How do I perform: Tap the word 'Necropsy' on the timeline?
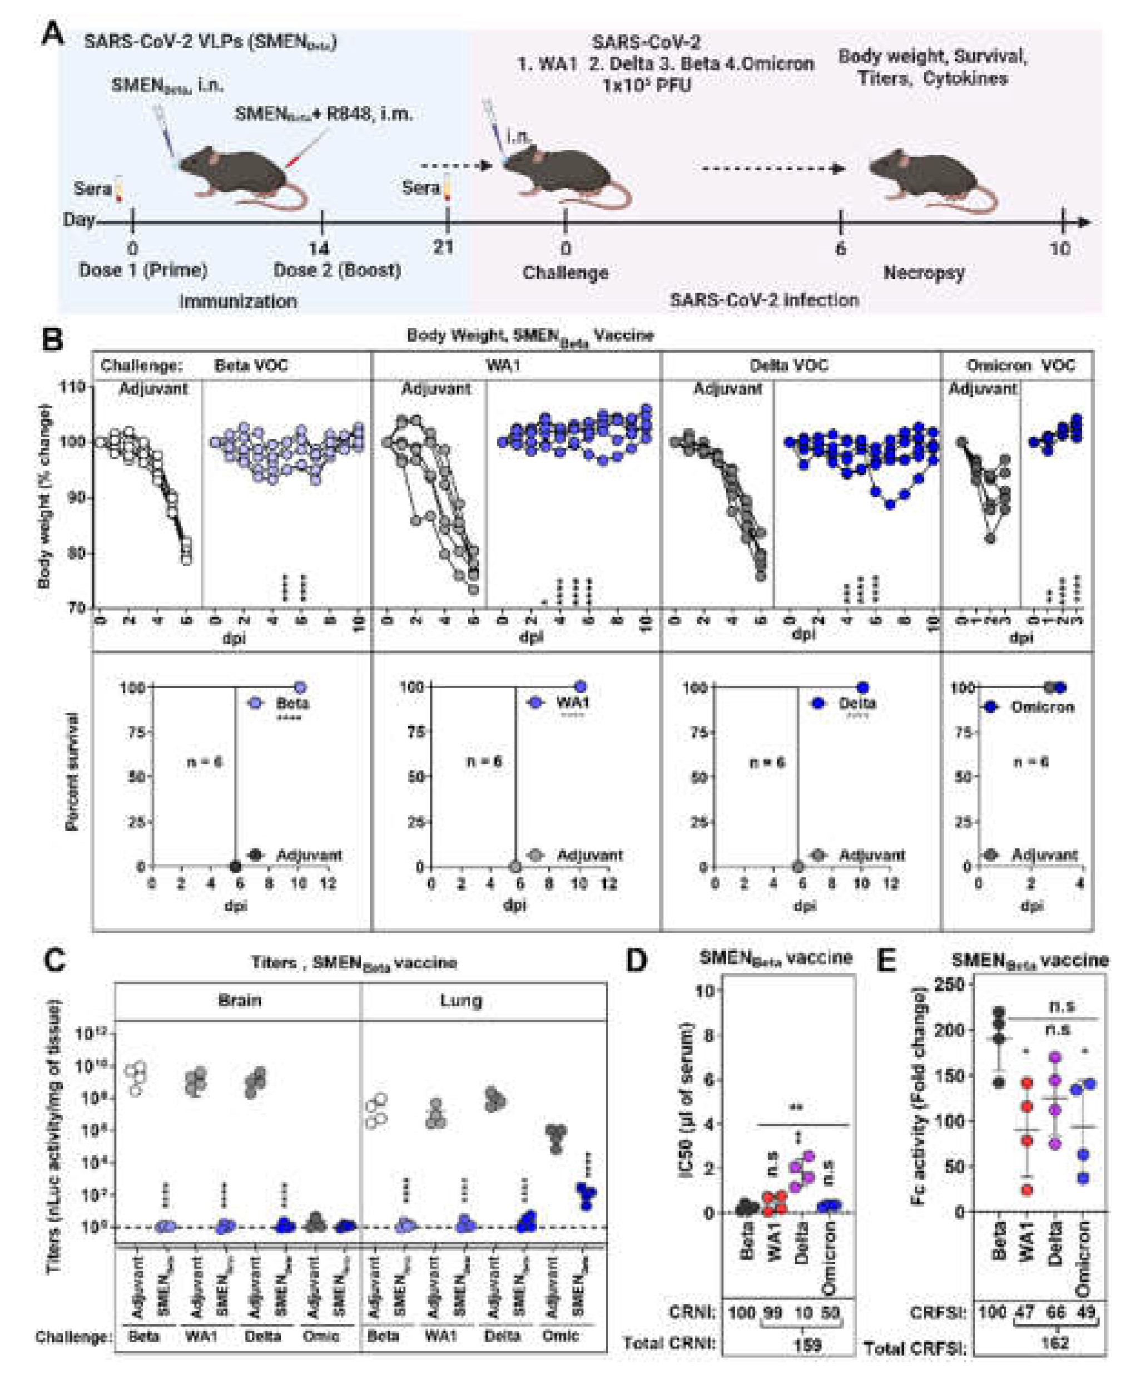[924, 273]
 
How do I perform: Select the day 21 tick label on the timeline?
[443, 247]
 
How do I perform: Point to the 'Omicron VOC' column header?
[1020, 365]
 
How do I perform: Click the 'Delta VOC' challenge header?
[788, 365]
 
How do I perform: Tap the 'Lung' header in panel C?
[460, 1000]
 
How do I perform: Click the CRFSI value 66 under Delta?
[1055, 1312]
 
